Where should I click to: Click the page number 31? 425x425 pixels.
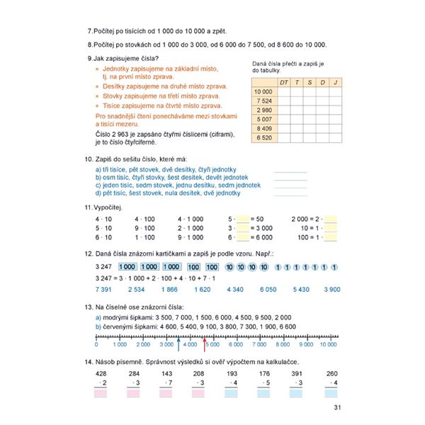pos(337,406)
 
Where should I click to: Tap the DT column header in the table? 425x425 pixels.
pos(284,82)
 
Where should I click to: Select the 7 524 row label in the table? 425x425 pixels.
pos(263,101)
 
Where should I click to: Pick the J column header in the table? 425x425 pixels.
pos(334,82)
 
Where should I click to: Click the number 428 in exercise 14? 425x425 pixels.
pos(101,373)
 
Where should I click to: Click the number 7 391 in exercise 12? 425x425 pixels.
pos(103,289)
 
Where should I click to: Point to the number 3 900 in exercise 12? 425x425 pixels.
pos(331,289)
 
